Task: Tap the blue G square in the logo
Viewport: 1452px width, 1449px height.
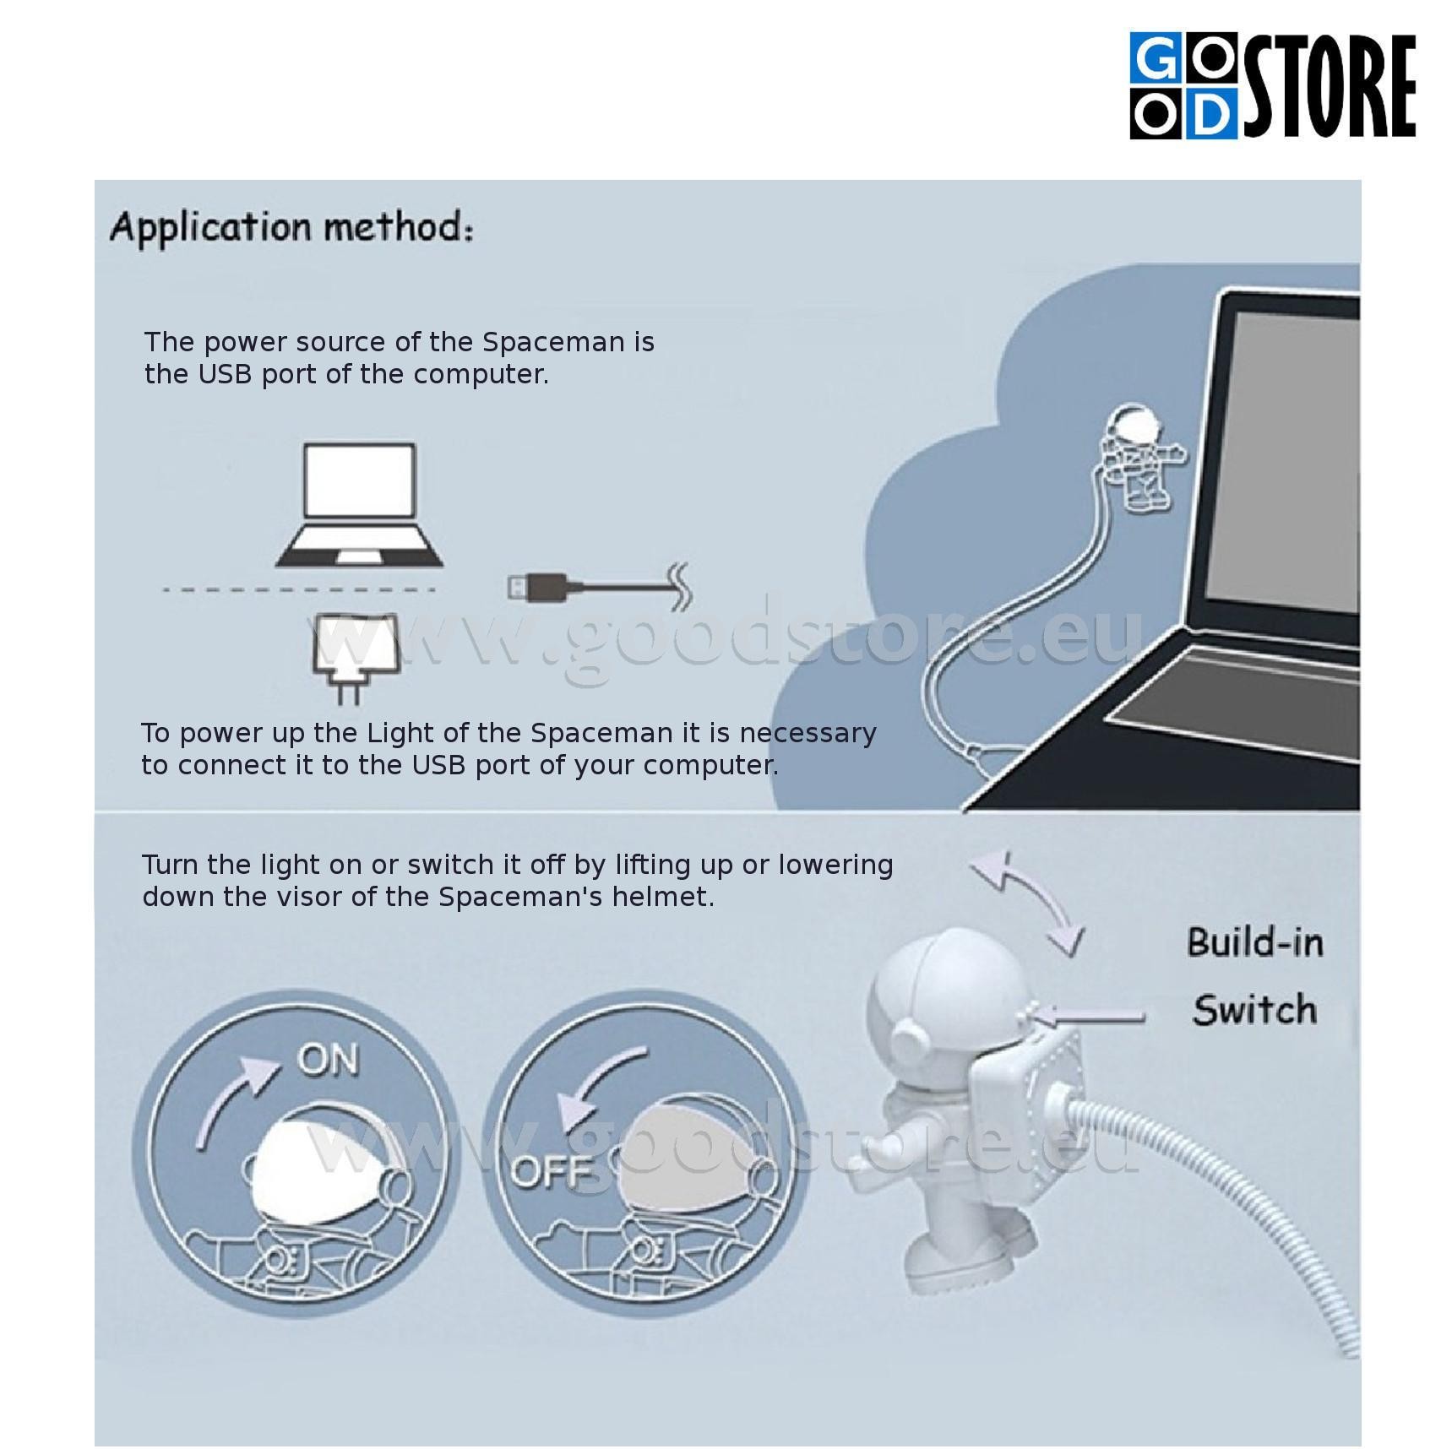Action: [x=1157, y=59]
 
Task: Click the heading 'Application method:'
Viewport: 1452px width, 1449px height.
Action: [x=291, y=228]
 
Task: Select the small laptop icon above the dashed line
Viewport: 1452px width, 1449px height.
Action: [x=360, y=505]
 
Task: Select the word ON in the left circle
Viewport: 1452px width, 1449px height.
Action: [x=328, y=1061]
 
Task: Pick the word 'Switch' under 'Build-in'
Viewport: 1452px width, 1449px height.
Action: [x=1254, y=1010]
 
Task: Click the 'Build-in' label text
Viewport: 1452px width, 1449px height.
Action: [x=1254, y=942]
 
